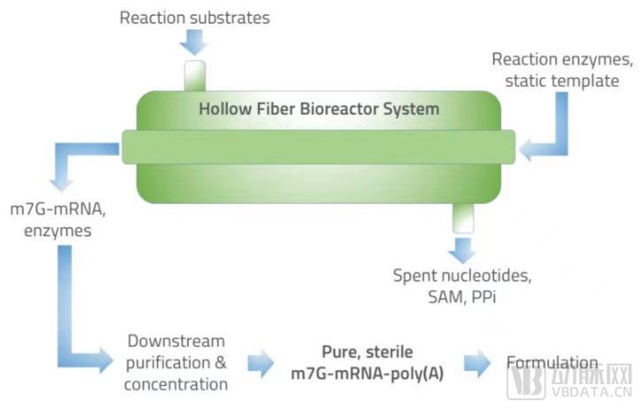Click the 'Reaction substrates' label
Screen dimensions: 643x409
pos(195,18)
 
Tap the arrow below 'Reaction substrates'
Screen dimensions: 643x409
pos(194,42)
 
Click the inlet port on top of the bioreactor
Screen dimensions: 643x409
pos(195,76)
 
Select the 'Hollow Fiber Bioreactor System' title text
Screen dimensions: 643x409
pos(319,109)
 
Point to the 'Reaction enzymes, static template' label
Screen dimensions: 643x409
pos(562,70)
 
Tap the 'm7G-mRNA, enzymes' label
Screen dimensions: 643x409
pos(58,220)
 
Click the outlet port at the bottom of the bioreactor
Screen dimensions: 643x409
pos(463,218)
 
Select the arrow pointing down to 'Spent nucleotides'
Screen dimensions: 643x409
pos(462,250)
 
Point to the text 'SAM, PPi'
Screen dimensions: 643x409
pos(461,297)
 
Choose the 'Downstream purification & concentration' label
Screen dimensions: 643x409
pos(176,363)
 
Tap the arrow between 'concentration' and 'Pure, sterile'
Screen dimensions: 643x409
pos(260,363)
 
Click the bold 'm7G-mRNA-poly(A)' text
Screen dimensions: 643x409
pos(368,374)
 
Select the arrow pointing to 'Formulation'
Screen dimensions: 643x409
pos(477,363)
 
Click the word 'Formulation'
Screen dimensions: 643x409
pos(552,362)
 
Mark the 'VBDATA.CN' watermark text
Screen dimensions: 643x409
pos(591,392)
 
